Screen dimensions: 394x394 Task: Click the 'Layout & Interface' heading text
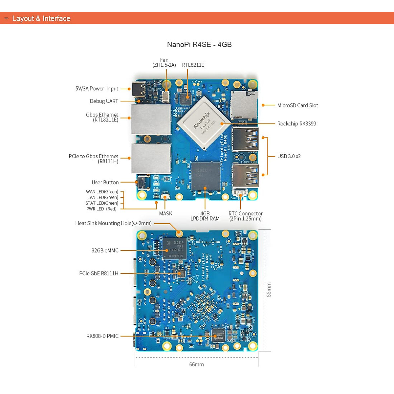(41, 18)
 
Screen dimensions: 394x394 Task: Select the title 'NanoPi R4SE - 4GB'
(199, 45)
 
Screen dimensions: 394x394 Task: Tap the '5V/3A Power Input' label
(97, 89)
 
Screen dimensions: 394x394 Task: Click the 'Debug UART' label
(104, 101)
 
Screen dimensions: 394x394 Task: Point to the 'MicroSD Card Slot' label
(297, 105)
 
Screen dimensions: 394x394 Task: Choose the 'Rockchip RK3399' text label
(296, 124)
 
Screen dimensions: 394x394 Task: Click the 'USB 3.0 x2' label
(289, 156)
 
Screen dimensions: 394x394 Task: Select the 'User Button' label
(105, 182)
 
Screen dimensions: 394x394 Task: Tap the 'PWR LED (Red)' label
(101, 209)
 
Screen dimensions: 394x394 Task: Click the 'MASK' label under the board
(165, 213)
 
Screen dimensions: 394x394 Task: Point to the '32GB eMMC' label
(105, 251)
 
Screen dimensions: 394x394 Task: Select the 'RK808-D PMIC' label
(102, 336)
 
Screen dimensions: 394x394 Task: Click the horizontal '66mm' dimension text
(196, 364)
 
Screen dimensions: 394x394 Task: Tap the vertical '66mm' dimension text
(269, 290)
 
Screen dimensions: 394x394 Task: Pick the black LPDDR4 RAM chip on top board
(206, 176)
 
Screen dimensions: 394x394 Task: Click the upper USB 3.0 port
(245, 139)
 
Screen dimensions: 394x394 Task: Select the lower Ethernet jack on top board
(151, 159)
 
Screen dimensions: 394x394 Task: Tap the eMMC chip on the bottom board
(175, 249)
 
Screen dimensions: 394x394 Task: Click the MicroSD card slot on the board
(243, 105)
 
